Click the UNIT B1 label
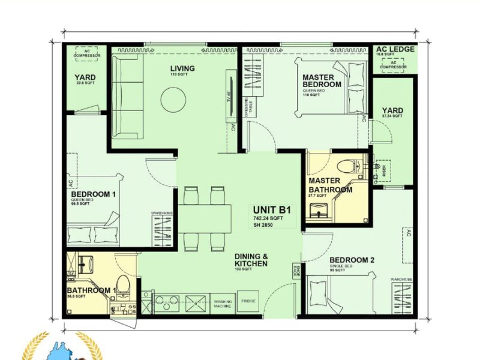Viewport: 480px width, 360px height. coord(272,210)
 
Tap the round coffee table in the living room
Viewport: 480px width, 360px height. coord(173,98)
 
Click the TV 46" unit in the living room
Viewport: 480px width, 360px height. coord(229,95)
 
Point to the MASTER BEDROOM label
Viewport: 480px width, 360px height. coord(322,81)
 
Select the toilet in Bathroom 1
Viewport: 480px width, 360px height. coord(122,286)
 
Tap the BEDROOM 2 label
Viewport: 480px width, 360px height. coord(352,260)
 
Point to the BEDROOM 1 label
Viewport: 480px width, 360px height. coord(93,194)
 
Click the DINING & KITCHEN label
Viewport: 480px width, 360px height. coord(251,260)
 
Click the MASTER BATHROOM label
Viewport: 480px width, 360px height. coord(330,185)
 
